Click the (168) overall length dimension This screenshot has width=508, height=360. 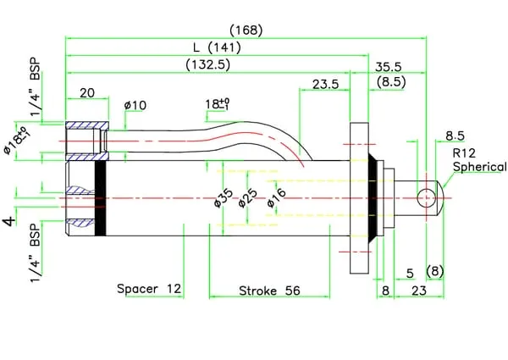point(246,30)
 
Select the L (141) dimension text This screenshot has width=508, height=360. point(217,48)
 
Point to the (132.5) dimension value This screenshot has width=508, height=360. point(208,65)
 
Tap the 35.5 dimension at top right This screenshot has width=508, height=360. point(388,67)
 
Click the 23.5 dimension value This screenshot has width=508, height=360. point(325,85)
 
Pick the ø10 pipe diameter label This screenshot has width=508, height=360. point(135,105)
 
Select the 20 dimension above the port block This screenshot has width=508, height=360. point(87,93)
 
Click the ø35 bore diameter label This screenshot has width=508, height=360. point(224,198)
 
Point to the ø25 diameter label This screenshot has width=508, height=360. point(248,198)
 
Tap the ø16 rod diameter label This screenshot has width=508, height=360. point(277,197)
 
